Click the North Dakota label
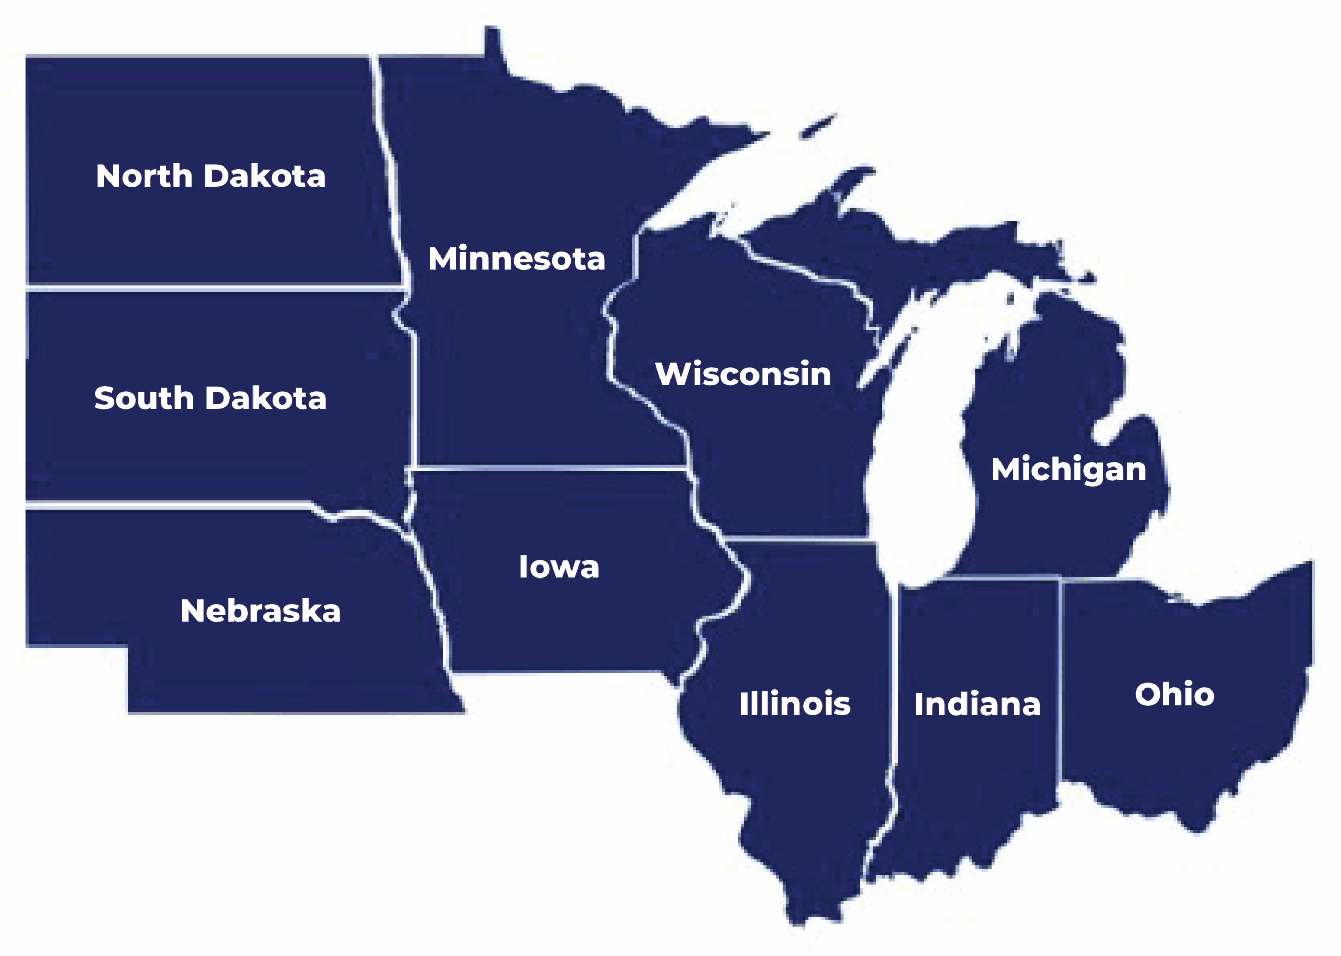click(210, 176)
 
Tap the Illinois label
click(795, 703)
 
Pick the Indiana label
click(977, 704)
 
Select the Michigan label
click(1068, 469)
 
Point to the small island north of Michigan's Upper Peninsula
click(818, 127)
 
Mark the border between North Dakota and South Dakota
click(212, 288)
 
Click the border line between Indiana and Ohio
click(1060, 677)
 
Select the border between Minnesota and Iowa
click(548, 469)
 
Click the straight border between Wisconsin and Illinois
click(795, 539)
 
